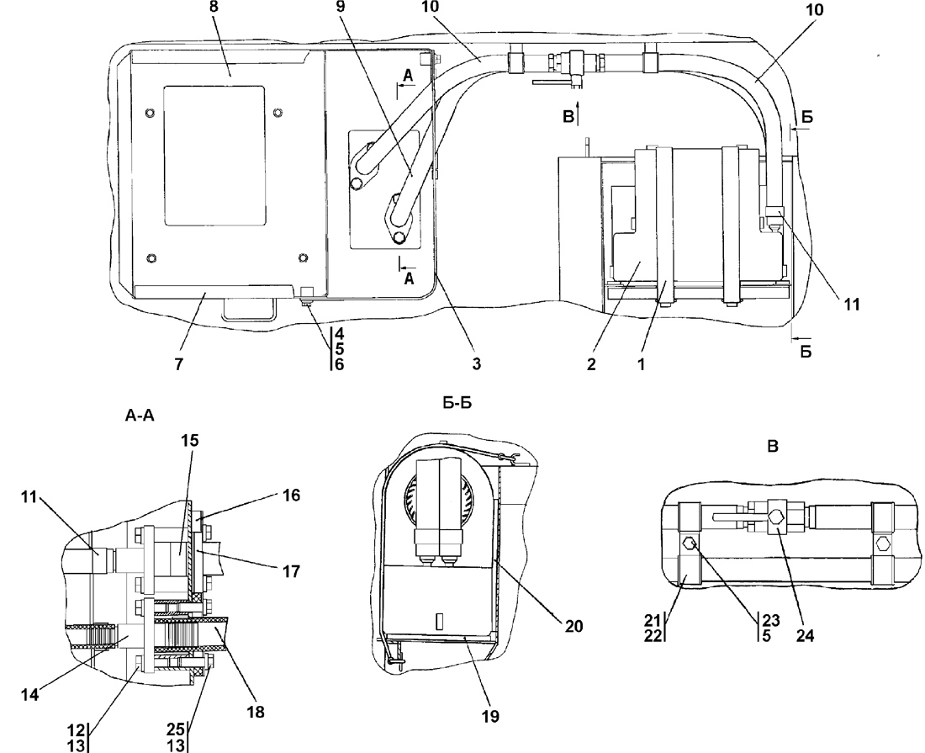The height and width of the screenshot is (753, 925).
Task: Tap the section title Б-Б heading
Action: (x=457, y=404)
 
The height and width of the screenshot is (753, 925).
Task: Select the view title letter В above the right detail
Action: (x=772, y=448)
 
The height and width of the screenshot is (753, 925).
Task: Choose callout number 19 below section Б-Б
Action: (x=490, y=717)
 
